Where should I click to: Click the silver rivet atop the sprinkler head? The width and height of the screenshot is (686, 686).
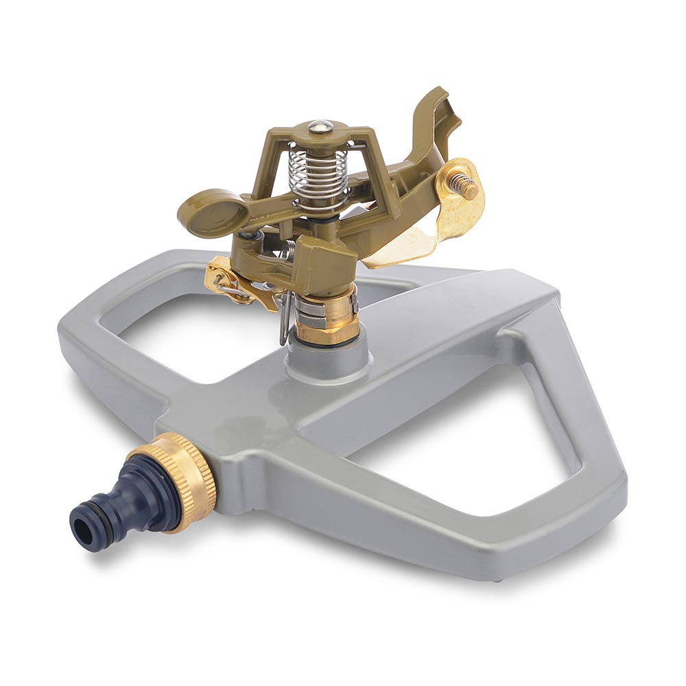pos(319,126)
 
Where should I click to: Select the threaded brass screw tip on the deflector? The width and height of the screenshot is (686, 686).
pos(468,187)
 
